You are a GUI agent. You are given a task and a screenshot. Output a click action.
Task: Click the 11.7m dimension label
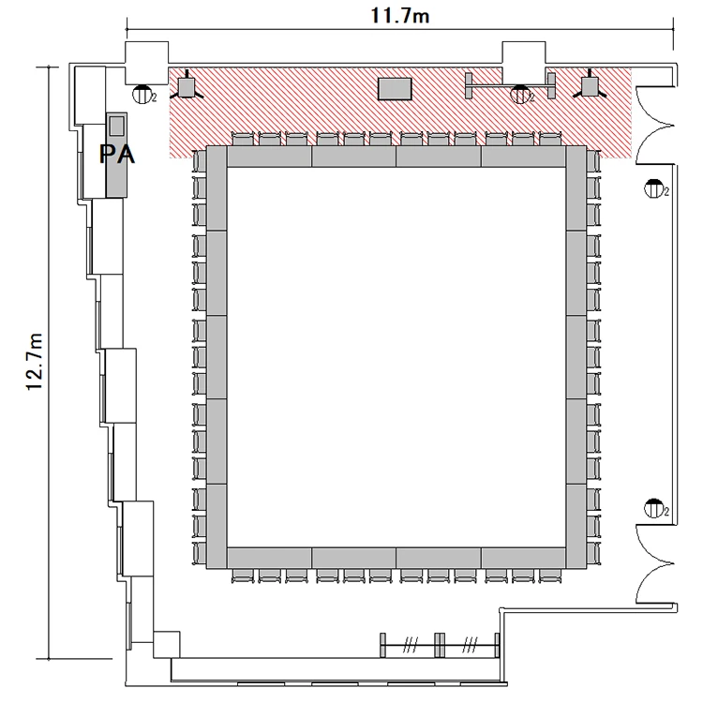coord(400,16)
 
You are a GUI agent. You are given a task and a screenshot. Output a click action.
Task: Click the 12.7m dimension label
coord(35,362)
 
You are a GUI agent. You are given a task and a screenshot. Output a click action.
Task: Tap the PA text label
coord(117,155)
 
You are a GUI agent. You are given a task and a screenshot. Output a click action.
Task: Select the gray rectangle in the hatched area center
coord(395,89)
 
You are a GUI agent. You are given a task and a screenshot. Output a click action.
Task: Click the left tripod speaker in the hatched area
coord(187,87)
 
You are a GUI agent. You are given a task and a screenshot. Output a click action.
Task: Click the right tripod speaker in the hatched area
coord(590,87)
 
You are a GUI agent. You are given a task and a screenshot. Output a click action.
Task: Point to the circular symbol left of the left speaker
coord(142,95)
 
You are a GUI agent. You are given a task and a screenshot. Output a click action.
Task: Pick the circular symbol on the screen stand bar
coord(520,95)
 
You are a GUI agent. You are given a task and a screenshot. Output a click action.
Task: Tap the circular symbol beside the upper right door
coord(654,188)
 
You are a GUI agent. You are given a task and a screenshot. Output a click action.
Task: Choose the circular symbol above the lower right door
coord(654,507)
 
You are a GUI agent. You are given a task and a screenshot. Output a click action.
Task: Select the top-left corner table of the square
coord(217,188)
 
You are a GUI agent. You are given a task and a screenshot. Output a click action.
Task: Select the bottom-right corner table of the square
coord(576,527)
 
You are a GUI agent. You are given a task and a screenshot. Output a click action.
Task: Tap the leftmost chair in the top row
coord(243,139)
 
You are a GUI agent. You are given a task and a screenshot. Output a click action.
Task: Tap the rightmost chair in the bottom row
coord(550,576)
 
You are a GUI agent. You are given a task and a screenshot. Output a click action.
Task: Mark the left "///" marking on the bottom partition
coord(410,646)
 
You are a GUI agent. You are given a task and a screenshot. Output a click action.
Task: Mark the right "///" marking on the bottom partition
coord(469,646)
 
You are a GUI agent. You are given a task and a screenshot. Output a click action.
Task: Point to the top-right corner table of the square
coord(576,188)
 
